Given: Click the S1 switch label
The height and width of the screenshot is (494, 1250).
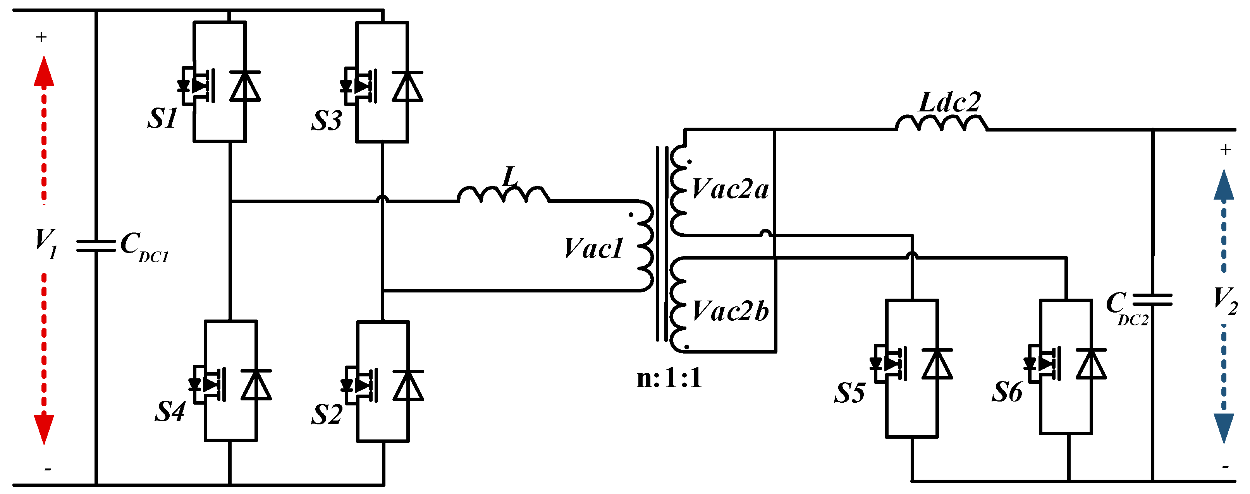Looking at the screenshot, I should pos(163,118).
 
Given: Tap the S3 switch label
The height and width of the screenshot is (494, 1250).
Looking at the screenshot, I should pos(327,120).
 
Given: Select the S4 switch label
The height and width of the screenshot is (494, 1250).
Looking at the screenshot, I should pos(170,412).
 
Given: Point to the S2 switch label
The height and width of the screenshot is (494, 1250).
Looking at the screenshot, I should pos(327,414).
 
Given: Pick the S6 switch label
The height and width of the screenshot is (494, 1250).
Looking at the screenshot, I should pos(1007,392).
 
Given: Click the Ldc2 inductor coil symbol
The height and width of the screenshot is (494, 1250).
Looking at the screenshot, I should pos(941,124).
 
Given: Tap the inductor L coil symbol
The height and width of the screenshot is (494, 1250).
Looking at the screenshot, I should pos(503,195).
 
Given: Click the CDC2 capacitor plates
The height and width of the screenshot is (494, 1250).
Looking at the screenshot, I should pos(1152,300).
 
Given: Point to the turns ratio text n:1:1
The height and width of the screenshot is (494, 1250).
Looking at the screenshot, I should pos(669,378).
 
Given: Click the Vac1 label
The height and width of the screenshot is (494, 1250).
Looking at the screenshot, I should pos(593,249).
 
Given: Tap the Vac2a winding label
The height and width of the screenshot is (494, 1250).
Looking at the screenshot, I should pos(730,189).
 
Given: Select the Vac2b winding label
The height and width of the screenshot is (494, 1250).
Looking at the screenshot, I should pos(730,311).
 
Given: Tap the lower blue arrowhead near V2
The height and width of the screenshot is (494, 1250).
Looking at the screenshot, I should pos(1224,427).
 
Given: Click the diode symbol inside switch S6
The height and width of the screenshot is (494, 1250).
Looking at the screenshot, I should pos(1091,364).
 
